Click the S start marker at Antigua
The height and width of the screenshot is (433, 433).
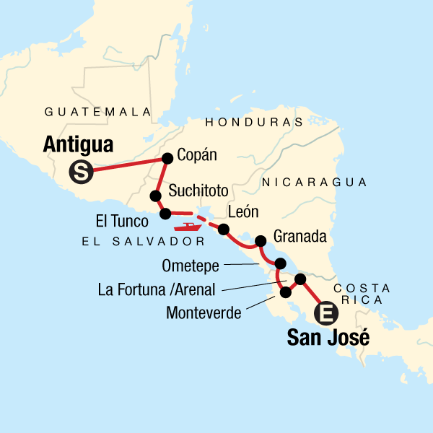[80, 172]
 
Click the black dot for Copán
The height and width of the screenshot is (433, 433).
[167, 158]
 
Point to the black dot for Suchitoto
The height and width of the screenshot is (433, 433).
[154, 196]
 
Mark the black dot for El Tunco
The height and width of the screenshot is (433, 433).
[165, 213]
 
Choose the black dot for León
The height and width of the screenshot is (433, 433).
[224, 229]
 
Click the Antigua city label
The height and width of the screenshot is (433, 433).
[78, 144]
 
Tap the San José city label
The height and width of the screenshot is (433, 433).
[328, 337]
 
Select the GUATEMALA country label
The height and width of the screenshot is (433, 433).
[97, 112]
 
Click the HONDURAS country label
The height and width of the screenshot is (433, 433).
[254, 122]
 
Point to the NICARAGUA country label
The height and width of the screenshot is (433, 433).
[315, 182]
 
